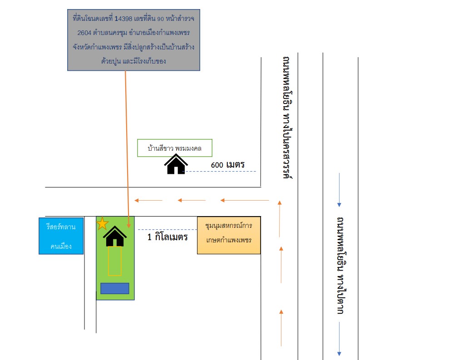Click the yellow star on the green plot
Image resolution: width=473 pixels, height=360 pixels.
point(102,224)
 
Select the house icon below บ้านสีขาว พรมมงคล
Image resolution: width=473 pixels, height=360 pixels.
point(176,164)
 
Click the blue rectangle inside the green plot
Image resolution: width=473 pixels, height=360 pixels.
point(115,288)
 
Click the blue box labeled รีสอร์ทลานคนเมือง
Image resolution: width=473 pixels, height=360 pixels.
point(61,236)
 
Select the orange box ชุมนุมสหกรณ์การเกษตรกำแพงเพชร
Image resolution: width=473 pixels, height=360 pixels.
point(229,235)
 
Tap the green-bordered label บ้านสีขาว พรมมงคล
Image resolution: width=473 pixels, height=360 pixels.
point(175,148)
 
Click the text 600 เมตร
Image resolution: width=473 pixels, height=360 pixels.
point(227,165)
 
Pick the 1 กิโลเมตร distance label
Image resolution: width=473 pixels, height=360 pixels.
point(168,237)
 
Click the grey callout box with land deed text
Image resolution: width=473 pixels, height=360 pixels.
point(133,40)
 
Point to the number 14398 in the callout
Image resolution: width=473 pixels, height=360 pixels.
point(123,19)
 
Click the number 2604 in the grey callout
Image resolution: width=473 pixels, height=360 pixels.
point(84,33)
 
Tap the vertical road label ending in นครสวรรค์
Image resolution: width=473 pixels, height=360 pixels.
point(288,118)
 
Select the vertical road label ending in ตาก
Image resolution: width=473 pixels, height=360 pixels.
point(341,266)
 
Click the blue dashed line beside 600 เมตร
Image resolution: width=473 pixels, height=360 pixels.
point(221,172)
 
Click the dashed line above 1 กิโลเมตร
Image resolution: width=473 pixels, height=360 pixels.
point(168,230)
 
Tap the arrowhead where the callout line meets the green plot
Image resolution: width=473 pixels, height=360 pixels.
point(129,226)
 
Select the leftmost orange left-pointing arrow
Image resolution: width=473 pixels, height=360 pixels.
point(148,200)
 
